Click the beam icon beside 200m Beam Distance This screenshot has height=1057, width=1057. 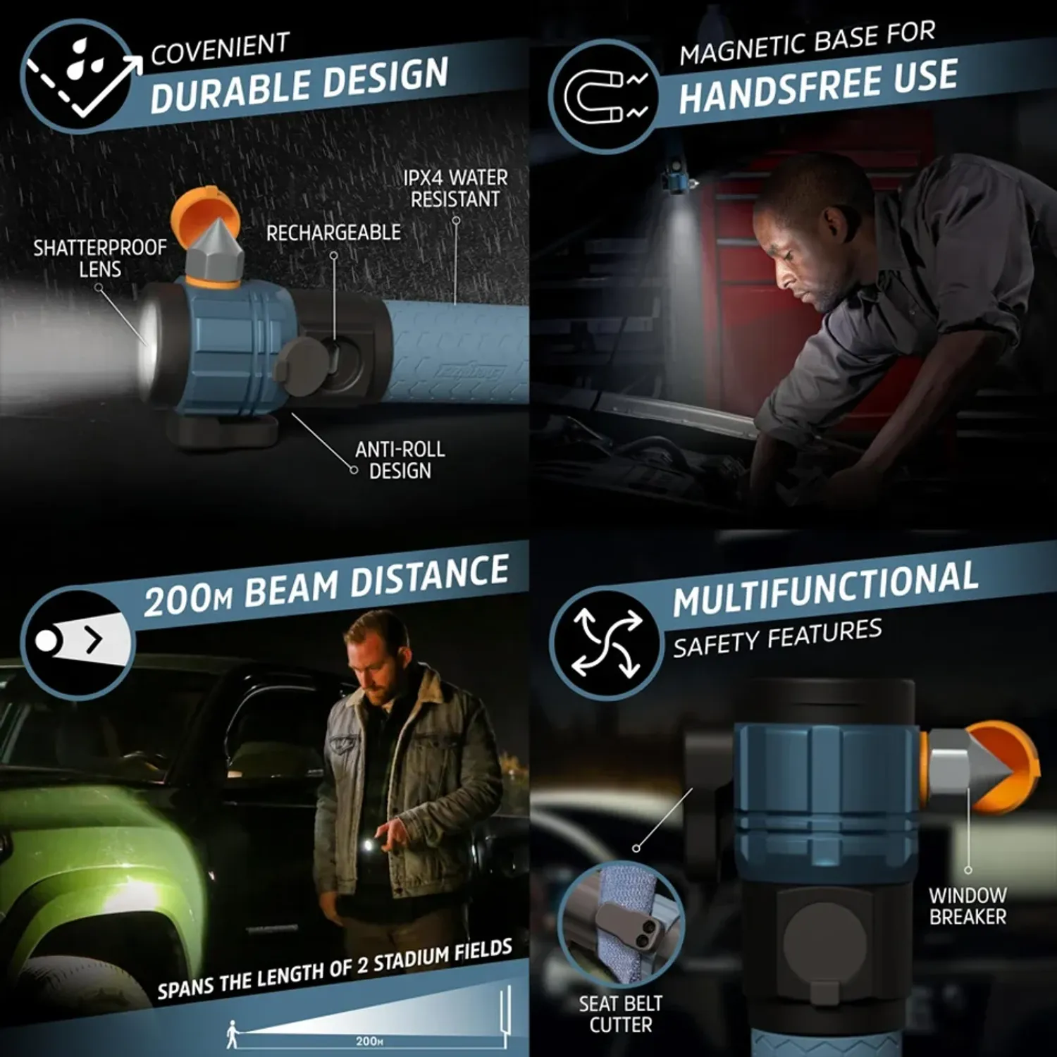(x=78, y=641)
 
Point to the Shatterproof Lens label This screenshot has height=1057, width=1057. (x=100, y=258)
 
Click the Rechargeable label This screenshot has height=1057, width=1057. (x=333, y=233)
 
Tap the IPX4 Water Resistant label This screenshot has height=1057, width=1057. (x=456, y=188)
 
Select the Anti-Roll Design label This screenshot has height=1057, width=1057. (x=400, y=459)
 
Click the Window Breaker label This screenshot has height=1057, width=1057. (x=968, y=905)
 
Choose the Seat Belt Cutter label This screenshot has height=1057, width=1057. (x=621, y=1014)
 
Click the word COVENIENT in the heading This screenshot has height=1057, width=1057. (x=220, y=49)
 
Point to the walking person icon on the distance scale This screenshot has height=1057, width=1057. (x=233, y=1034)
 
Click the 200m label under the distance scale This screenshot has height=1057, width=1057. (x=369, y=1041)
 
